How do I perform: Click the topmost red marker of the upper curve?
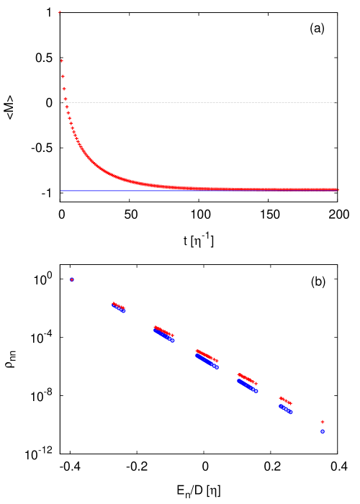60,12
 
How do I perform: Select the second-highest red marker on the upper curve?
62,60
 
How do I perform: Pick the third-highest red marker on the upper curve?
63,76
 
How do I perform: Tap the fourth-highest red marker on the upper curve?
64,89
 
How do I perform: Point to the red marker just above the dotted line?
65,99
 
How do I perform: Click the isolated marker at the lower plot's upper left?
72,279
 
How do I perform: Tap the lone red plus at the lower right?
323,422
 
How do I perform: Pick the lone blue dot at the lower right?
323,431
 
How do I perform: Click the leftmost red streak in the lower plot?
118,306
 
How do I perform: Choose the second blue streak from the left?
164,336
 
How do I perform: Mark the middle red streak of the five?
207,356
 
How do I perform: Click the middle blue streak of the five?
207,361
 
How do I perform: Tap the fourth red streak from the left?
248,379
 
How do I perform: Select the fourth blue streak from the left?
248,386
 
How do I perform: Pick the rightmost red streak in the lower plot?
286,400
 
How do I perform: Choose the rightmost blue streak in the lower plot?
286,409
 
